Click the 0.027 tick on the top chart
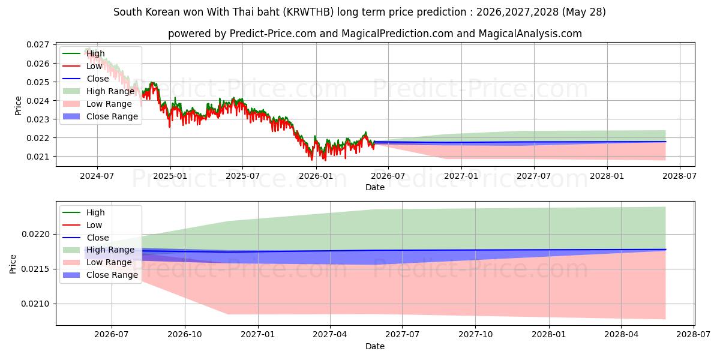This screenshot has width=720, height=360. point(38,44)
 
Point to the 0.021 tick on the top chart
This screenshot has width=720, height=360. point(38,157)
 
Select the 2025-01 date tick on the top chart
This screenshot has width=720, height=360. point(170,176)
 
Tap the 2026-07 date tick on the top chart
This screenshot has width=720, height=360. point(388,176)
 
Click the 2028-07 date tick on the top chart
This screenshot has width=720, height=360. point(680,176)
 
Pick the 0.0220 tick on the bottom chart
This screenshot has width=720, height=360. point(35,235)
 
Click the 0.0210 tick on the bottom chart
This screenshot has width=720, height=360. point(35,304)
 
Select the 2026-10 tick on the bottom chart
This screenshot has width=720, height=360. point(185,335)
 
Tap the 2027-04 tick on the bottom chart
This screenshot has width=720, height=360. point(330,335)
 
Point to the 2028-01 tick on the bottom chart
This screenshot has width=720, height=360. point(549,335)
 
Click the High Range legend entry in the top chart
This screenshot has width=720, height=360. point(110,92)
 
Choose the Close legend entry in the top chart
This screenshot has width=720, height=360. point(98,79)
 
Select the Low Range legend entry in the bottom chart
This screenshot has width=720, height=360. point(109,263)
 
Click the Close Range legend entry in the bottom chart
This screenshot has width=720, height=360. point(112,275)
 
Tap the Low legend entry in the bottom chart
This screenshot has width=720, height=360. point(94,226)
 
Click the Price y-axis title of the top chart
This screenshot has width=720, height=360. point(19,106)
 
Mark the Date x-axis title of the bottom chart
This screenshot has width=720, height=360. point(375,346)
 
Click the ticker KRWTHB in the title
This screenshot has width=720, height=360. point(308,12)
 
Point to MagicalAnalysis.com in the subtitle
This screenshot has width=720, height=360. point(530,34)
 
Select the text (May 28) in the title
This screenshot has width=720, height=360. point(584,12)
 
